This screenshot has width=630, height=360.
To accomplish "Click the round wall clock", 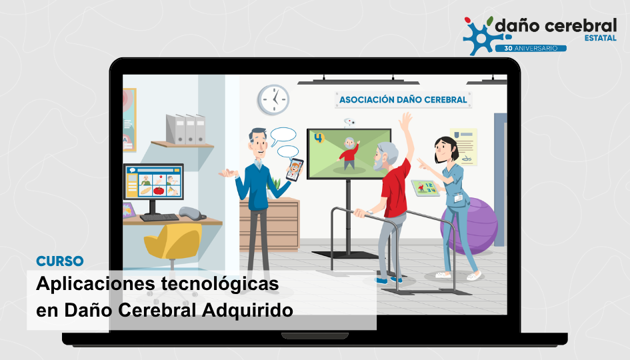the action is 273,99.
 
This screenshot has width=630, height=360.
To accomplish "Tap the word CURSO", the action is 60,261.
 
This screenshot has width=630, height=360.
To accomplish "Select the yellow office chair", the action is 173,245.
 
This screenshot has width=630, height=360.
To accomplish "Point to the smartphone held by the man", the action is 295,169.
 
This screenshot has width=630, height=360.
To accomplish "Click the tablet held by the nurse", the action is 425,188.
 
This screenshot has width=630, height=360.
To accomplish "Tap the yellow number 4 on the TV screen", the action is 319,138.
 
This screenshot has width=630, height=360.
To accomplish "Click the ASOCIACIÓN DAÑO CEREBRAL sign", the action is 403,99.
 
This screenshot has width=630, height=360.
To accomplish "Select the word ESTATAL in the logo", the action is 600,38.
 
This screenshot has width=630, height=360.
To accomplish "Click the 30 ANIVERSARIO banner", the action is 531,48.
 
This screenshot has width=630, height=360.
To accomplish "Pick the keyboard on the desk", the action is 159,217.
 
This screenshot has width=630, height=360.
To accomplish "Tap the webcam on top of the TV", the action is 349,123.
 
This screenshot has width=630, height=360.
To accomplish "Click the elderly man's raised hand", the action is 406,120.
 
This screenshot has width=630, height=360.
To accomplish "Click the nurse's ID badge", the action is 459,198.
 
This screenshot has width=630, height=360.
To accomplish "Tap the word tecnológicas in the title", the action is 220,283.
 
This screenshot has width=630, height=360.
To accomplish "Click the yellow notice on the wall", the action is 463,147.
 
